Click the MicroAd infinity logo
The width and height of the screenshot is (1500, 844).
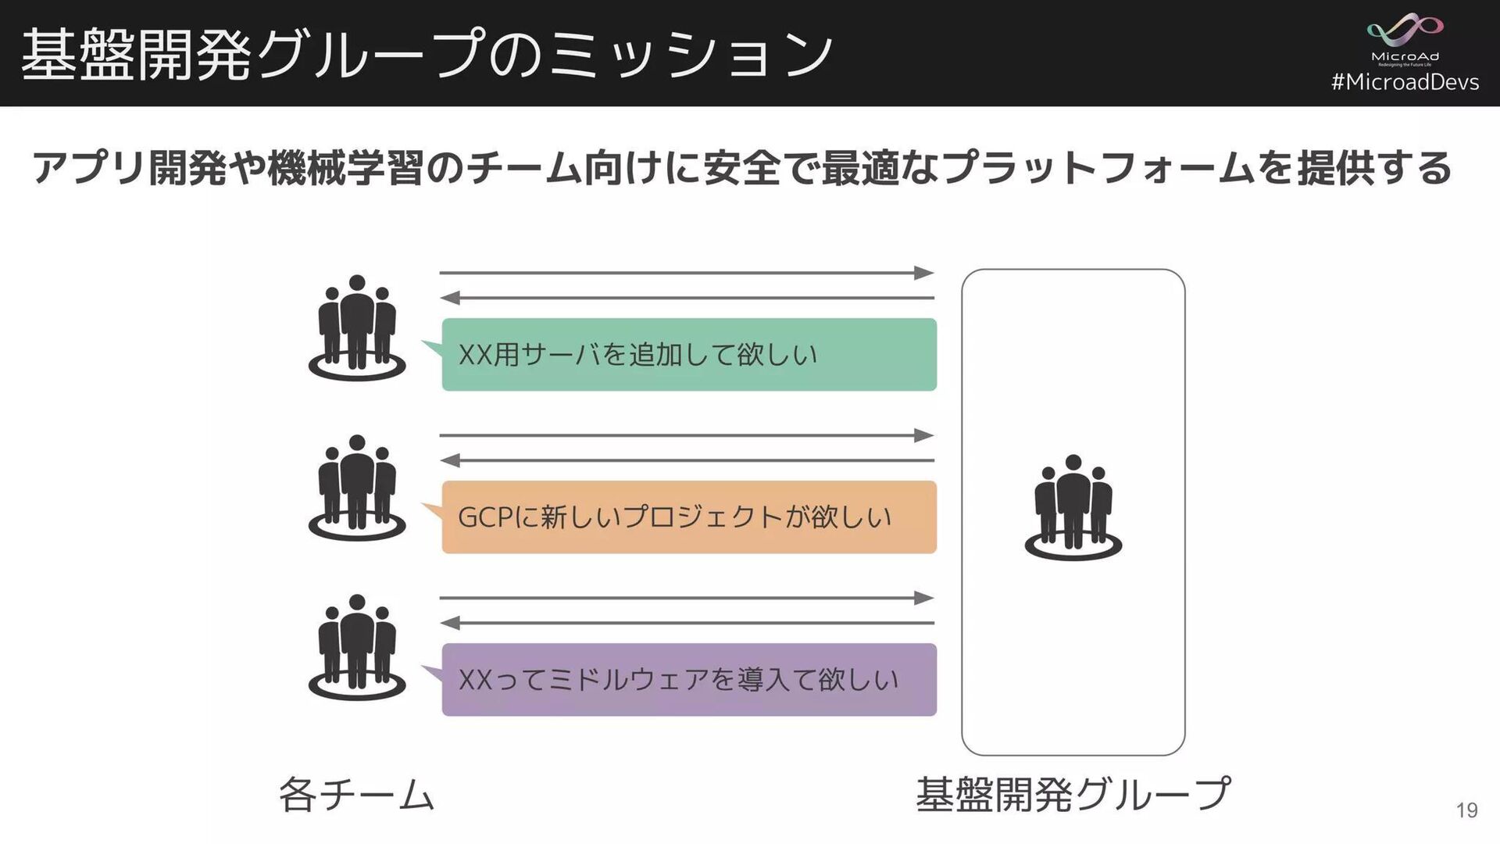[1404, 31]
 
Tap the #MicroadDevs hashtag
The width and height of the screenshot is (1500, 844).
[1404, 82]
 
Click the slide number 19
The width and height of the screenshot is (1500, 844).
[1466, 810]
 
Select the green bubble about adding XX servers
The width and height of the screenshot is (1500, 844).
[688, 355]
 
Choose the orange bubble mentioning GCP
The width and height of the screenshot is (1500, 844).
[688, 517]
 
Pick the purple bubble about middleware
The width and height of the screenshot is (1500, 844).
[688, 680]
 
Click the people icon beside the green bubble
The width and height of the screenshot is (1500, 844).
[357, 327]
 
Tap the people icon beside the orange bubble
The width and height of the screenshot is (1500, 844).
[357, 488]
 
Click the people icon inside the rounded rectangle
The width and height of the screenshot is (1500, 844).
[1073, 507]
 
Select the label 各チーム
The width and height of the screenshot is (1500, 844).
[356, 795]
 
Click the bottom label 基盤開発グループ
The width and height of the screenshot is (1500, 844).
[1073, 794]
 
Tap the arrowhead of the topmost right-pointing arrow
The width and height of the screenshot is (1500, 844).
[925, 273]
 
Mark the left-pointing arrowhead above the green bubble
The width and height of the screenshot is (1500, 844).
[449, 298]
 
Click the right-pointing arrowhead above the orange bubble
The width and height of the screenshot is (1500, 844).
[925, 435]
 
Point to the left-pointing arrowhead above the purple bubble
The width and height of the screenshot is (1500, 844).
[449, 623]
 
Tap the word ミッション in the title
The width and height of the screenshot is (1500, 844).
[691, 55]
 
